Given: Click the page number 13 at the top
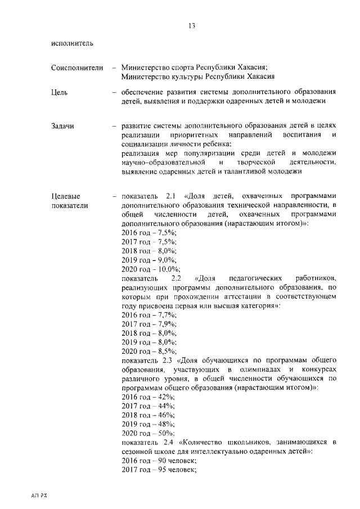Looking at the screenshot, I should pos(192,25).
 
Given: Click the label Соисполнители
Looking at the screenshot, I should pos(76,67).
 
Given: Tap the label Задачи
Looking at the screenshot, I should pos(62,127).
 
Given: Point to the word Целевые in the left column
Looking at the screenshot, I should pos(65,196).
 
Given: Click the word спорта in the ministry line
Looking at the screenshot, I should pos(184,67).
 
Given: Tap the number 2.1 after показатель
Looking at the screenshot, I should pos(172,196).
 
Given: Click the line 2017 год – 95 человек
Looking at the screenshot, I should pos(159,470).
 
